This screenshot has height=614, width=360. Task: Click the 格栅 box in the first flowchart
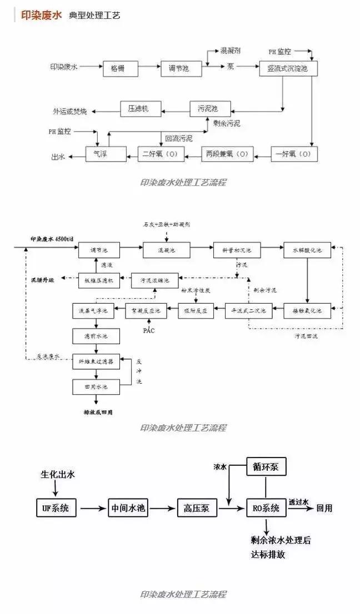(x=121, y=68)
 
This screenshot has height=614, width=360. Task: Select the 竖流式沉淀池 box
(x=288, y=68)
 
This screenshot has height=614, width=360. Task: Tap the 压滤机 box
(x=139, y=108)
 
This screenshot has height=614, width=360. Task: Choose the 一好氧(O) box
(x=294, y=153)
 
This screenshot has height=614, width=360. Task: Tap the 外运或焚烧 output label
(x=69, y=111)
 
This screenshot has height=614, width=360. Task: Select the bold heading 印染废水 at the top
(x=41, y=15)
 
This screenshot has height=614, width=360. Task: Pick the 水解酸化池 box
(x=307, y=250)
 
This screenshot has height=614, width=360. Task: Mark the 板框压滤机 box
(x=98, y=281)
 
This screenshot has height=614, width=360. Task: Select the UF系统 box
(x=56, y=507)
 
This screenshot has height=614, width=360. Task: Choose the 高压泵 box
(x=196, y=507)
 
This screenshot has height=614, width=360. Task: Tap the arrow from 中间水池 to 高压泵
(x=163, y=507)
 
